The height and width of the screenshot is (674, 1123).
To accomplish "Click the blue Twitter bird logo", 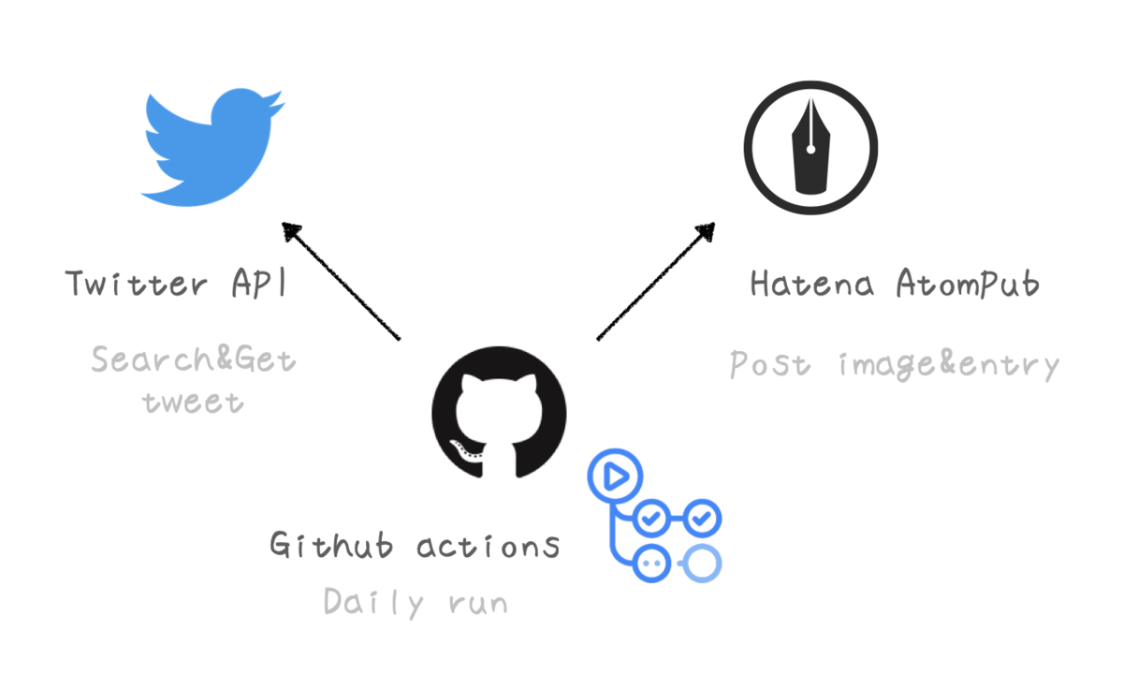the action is pos(212,147).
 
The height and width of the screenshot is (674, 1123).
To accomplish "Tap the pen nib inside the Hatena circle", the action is pos(810,146).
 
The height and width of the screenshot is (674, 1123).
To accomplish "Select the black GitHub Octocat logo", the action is pos(499,412).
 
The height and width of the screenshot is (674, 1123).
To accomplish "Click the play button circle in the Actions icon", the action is pos(615,476).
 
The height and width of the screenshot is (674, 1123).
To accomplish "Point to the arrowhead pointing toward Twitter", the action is pos(293,231).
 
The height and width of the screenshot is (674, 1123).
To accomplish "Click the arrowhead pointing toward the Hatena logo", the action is pos(706,232).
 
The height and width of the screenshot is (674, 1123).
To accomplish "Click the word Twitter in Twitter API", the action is pos(136,284).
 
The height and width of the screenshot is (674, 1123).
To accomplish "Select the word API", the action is pos(259,283).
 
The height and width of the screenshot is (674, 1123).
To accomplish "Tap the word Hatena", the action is pos(812,284).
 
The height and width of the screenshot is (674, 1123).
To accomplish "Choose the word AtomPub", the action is pos(968,283).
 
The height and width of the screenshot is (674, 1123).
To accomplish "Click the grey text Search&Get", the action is pos(194,359).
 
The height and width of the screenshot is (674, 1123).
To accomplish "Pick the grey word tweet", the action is pos(193,403).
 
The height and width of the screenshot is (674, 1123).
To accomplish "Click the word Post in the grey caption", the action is pos(769,363).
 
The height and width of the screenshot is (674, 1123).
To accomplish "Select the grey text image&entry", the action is pos(949,366).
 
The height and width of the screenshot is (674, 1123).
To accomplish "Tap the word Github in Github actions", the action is pos(331,545).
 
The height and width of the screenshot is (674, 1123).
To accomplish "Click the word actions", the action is pos(488,546).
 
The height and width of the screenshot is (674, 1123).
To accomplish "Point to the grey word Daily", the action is pos(374,602).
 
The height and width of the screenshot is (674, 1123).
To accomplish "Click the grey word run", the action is pos(479,603).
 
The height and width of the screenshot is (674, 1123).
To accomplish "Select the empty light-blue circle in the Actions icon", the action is pos(702,564).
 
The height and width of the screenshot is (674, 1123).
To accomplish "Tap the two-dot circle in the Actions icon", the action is pos(651,564).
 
